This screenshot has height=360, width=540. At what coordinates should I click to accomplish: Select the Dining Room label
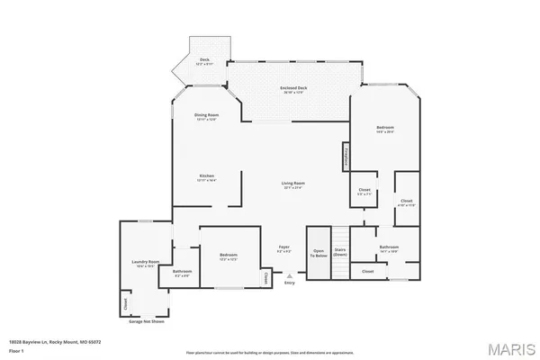coord(207,117)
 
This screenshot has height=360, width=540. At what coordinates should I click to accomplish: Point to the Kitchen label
coord(207,176)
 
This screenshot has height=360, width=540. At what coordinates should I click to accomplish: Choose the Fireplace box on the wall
coord(345,157)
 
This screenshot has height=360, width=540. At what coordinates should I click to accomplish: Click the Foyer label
coord(283,247)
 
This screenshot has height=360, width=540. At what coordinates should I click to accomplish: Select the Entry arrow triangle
coord(289,276)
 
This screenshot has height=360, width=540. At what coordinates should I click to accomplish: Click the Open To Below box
coord(318,255)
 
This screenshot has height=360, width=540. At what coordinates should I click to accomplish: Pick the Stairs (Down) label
coord(340,253)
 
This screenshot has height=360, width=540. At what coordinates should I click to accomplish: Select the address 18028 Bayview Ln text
coord(54,341)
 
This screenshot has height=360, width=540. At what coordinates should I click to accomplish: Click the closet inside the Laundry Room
coord(124,303)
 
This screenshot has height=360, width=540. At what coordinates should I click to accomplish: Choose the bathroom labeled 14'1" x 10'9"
coord(389,248)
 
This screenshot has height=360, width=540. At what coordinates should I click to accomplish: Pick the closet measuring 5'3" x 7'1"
coord(364,192)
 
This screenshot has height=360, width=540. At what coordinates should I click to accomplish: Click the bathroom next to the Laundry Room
coord(183,273)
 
